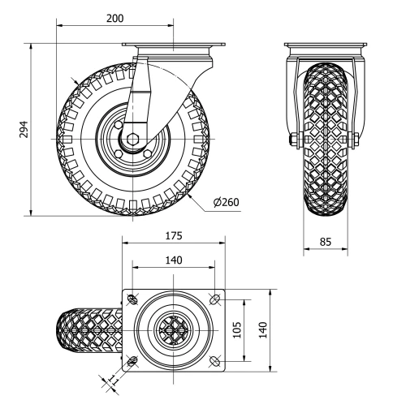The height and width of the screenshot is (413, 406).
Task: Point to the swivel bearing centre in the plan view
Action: [172, 331]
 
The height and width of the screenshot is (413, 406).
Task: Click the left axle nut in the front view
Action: [292, 140]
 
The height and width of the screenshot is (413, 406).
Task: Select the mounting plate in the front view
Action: [325, 45]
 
